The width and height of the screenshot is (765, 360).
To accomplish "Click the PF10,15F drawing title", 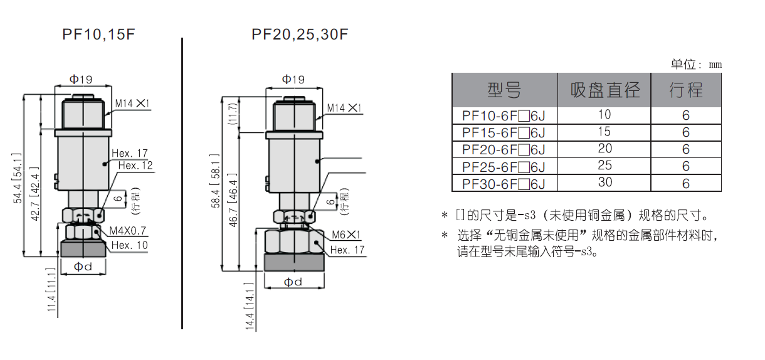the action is click(x=98, y=34).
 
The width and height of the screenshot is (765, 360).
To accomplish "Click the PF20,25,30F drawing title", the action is click(x=300, y=34).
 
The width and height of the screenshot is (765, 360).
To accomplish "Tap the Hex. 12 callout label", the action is click(x=135, y=166).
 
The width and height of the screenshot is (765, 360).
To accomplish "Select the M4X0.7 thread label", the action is click(x=128, y=231).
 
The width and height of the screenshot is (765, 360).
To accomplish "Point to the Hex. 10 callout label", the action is click(x=129, y=245).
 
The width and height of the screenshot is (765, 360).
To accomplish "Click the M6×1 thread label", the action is click(x=346, y=235).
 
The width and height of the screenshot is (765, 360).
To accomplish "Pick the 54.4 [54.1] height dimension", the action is click(x=18, y=178).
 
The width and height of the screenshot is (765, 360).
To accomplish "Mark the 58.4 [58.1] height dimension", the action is click(x=216, y=181).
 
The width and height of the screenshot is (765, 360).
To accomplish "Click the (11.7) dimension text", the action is click(x=233, y=114).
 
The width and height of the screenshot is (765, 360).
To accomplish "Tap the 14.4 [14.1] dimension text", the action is click(x=250, y=306).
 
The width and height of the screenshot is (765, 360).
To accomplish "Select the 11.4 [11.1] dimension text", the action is click(x=51, y=290).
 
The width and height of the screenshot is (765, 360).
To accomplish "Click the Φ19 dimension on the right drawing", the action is click(x=293, y=80).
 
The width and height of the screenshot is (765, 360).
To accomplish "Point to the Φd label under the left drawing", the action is click(x=83, y=267).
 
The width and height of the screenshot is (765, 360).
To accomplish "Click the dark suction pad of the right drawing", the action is click(x=294, y=262).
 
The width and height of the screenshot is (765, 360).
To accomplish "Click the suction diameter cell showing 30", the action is click(x=604, y=183).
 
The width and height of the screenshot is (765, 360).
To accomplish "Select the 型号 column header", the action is click(x=505, y=90).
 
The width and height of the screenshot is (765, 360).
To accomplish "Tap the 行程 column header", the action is click(x=686, y=90).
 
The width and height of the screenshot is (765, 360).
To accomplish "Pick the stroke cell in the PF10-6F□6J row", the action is click(x=686, y=115).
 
